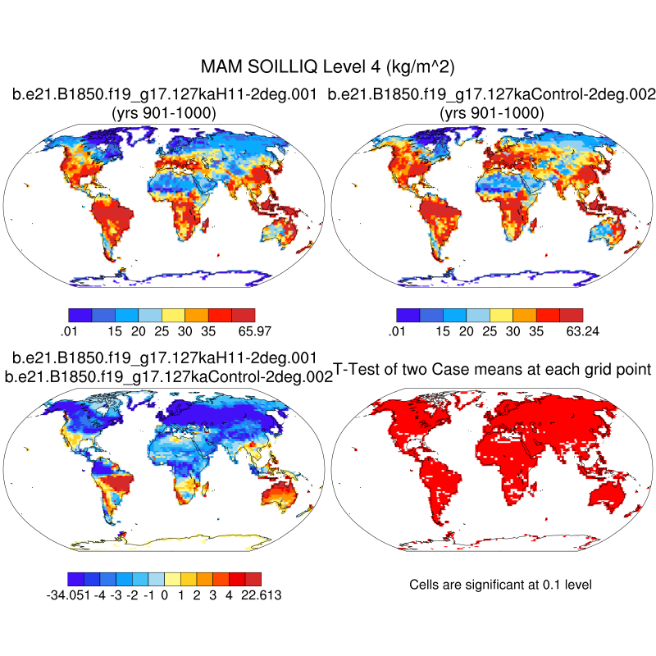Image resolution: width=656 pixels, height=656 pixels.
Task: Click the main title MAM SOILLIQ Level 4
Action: coord(328,66)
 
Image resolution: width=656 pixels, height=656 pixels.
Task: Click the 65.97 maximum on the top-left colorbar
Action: coord(254,330)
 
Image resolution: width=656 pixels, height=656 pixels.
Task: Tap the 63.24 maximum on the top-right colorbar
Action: coord(582,330)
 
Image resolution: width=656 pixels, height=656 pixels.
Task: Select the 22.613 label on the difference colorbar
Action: coord(262,595)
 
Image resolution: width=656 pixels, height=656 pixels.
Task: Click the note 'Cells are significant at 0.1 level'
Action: coord(500,585)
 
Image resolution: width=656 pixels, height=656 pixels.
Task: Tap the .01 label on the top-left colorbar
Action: coord(69,330)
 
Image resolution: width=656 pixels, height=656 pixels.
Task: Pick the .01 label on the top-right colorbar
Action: coord(397,330)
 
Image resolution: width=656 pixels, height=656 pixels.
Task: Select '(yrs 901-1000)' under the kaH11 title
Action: coord(164,113)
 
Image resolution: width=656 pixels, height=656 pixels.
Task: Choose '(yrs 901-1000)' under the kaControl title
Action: coord(492,113)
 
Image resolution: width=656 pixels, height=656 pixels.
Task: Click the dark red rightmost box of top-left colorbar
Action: coord(244,315)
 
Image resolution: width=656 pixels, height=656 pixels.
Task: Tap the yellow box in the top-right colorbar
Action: coord(501,315)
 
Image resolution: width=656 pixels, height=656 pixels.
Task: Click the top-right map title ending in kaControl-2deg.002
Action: coord(492,96)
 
